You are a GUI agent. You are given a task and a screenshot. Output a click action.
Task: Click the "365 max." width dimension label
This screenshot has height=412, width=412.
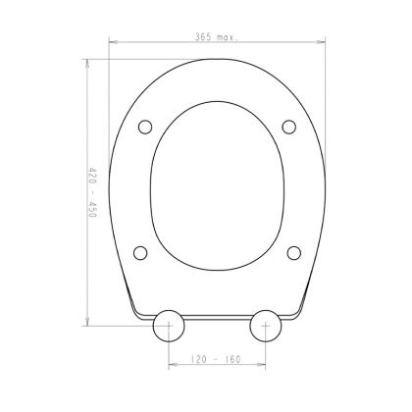pyautogui.click(x=217, y=37)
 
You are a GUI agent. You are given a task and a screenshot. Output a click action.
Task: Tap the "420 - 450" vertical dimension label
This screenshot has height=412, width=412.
pyautogui.click(x=93, y=193)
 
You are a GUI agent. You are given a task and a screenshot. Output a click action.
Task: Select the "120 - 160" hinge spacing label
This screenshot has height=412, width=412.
pyautogui.click(x=216, y=359)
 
